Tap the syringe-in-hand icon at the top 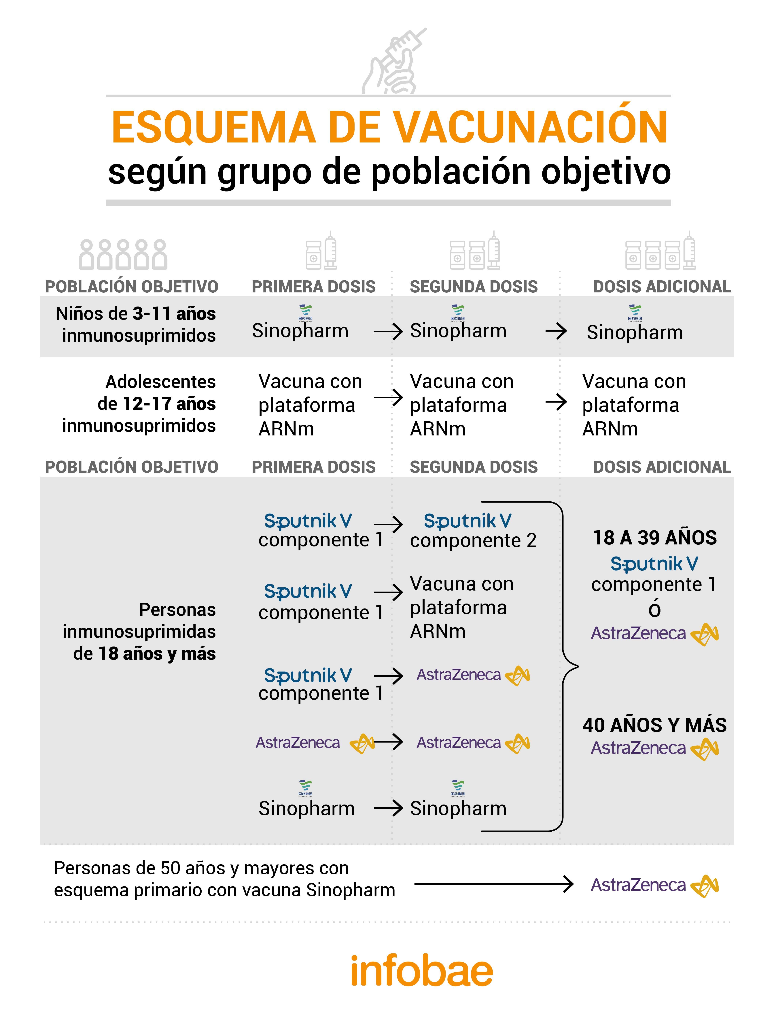pos(394,62)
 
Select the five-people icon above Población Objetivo pos(123,254)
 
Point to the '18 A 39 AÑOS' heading pos(654,538)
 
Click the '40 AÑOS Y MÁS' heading pos(654,725)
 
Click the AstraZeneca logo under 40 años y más pos(654,748)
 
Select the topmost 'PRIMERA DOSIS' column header pos(314,287)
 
